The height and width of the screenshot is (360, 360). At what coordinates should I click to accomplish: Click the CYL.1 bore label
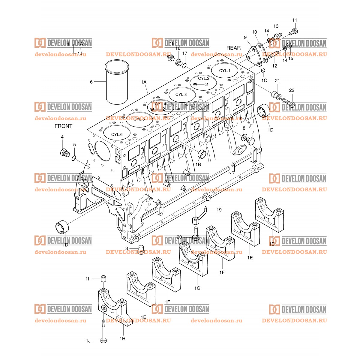tap(224, 71)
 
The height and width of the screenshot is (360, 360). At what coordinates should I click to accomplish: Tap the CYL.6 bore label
tap(117, 134)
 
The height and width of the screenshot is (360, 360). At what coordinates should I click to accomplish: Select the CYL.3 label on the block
tap(181, 94)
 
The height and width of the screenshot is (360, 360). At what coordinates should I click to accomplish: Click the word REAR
tap(233, 48)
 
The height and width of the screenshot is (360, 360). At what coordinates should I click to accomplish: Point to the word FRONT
tap(63, 126)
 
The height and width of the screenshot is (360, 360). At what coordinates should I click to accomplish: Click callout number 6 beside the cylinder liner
tap(91, 82)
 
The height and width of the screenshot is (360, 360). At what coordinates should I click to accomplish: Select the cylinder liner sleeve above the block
tap(117, 82)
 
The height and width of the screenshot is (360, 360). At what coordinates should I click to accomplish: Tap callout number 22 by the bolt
tap(292, 90)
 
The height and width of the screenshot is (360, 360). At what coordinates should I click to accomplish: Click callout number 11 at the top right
tap(295, 20)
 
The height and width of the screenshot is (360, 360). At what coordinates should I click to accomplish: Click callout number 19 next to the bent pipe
tap(219, 210)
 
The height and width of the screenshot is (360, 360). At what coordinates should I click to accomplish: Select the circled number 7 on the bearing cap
tap(106, 296)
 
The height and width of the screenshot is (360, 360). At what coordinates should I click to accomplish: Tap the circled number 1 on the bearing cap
tap(264, 206)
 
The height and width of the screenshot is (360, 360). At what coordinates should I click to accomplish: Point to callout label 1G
tap(197, 288)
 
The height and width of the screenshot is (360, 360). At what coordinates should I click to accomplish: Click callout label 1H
tap(122, 338)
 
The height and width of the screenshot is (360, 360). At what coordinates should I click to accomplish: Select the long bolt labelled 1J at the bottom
tap(103, 330)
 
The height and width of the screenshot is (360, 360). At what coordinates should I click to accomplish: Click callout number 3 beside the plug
tap(127, 248)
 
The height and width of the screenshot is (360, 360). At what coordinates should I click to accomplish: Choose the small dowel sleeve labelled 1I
tap(103, 279)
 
